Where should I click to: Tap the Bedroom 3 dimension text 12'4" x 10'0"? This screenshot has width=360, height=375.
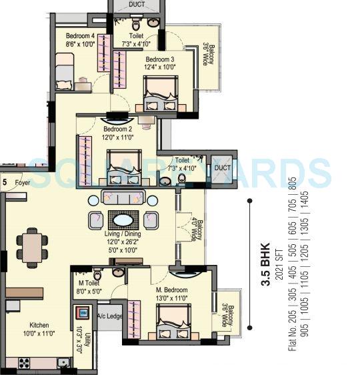pos(160,67)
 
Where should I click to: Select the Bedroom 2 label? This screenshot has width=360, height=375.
pos(117,129)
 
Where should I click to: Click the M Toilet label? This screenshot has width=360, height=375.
pos(89,282)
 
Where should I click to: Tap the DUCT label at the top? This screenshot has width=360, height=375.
pos(137,4)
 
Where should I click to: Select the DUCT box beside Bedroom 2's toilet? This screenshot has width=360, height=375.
pos(223,167)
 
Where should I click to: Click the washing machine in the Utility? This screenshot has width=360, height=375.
pos(85,314)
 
